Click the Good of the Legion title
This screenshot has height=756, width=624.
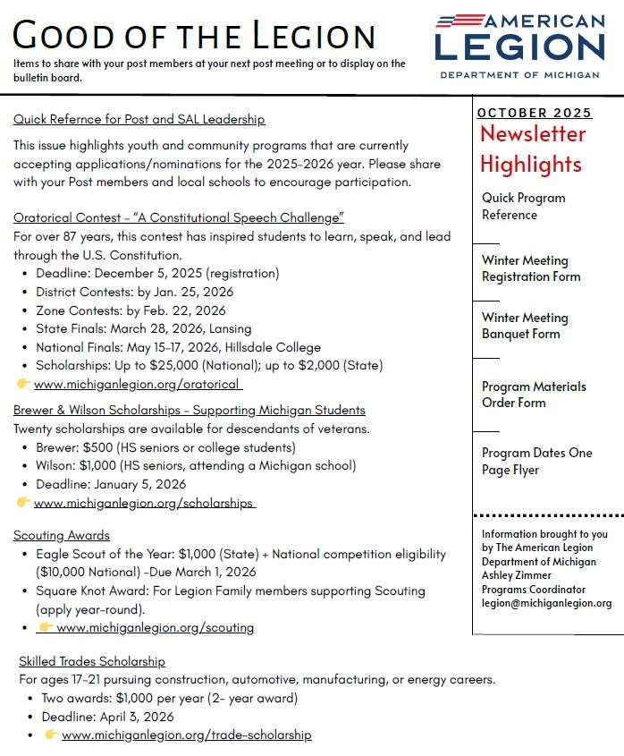[x=194, y=36]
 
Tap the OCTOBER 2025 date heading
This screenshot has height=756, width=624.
[x=534, y=113]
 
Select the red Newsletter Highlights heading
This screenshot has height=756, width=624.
[x=532, y=149]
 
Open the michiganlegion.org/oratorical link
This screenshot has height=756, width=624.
[x=138, y=384]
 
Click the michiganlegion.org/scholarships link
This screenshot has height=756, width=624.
[x=145, y=503]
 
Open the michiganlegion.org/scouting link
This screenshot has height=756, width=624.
[x=155, y=627]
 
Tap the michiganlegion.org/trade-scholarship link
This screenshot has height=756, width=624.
[x=186, y=735]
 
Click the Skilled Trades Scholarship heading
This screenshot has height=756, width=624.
[x=92, y=661]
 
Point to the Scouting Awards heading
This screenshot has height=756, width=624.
[x=62, y=535]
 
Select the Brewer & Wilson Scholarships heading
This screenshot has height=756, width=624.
[x=190, y=410]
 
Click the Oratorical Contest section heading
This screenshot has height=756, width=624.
[x=179, y=217]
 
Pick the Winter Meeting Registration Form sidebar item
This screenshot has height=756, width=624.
[x=531, y=268]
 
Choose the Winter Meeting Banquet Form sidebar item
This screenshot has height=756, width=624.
[x=525, y=326]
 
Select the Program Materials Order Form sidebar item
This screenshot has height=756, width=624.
[x=534, y=395]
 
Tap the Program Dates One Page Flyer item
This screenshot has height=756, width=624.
[x=536, y=461]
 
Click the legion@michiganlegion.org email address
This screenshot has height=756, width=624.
[x=546, y=603]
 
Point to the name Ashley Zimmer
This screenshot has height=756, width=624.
[x=517, y=575]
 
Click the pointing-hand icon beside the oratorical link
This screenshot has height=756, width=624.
[x=23, y=384]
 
